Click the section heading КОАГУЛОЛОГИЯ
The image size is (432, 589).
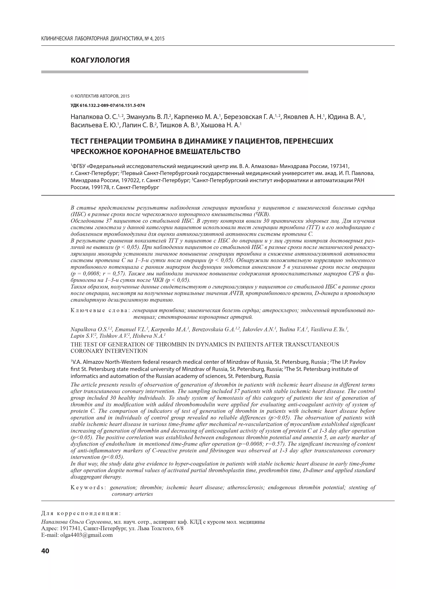100,60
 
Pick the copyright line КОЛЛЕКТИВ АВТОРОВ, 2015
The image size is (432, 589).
102,96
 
